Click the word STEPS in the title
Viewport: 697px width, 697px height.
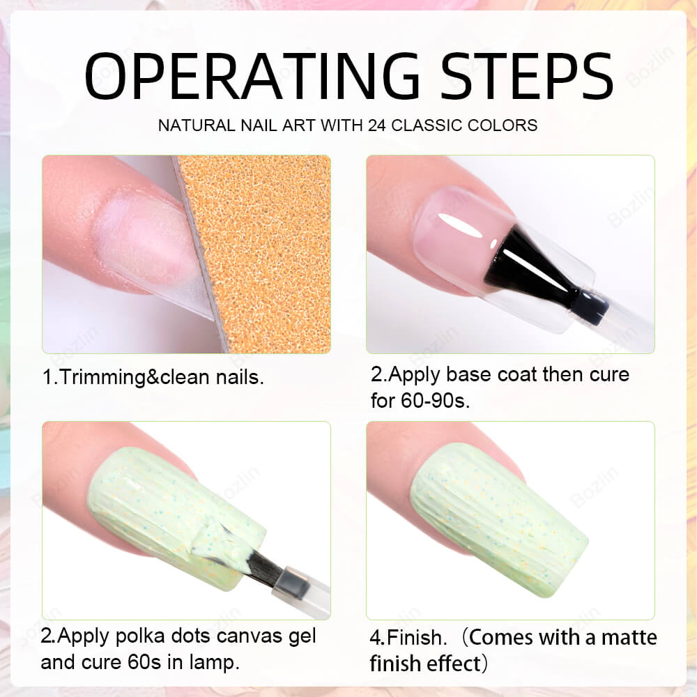[x=527, y=76]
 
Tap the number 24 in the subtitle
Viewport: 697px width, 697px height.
[x=377, y=125]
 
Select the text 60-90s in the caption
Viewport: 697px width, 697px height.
[x=434, y=401]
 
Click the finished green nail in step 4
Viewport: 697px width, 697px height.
[x=498, y=520]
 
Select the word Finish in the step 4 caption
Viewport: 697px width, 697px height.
[x=415, y=638]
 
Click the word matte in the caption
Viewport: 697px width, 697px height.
[x=629, y=638]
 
